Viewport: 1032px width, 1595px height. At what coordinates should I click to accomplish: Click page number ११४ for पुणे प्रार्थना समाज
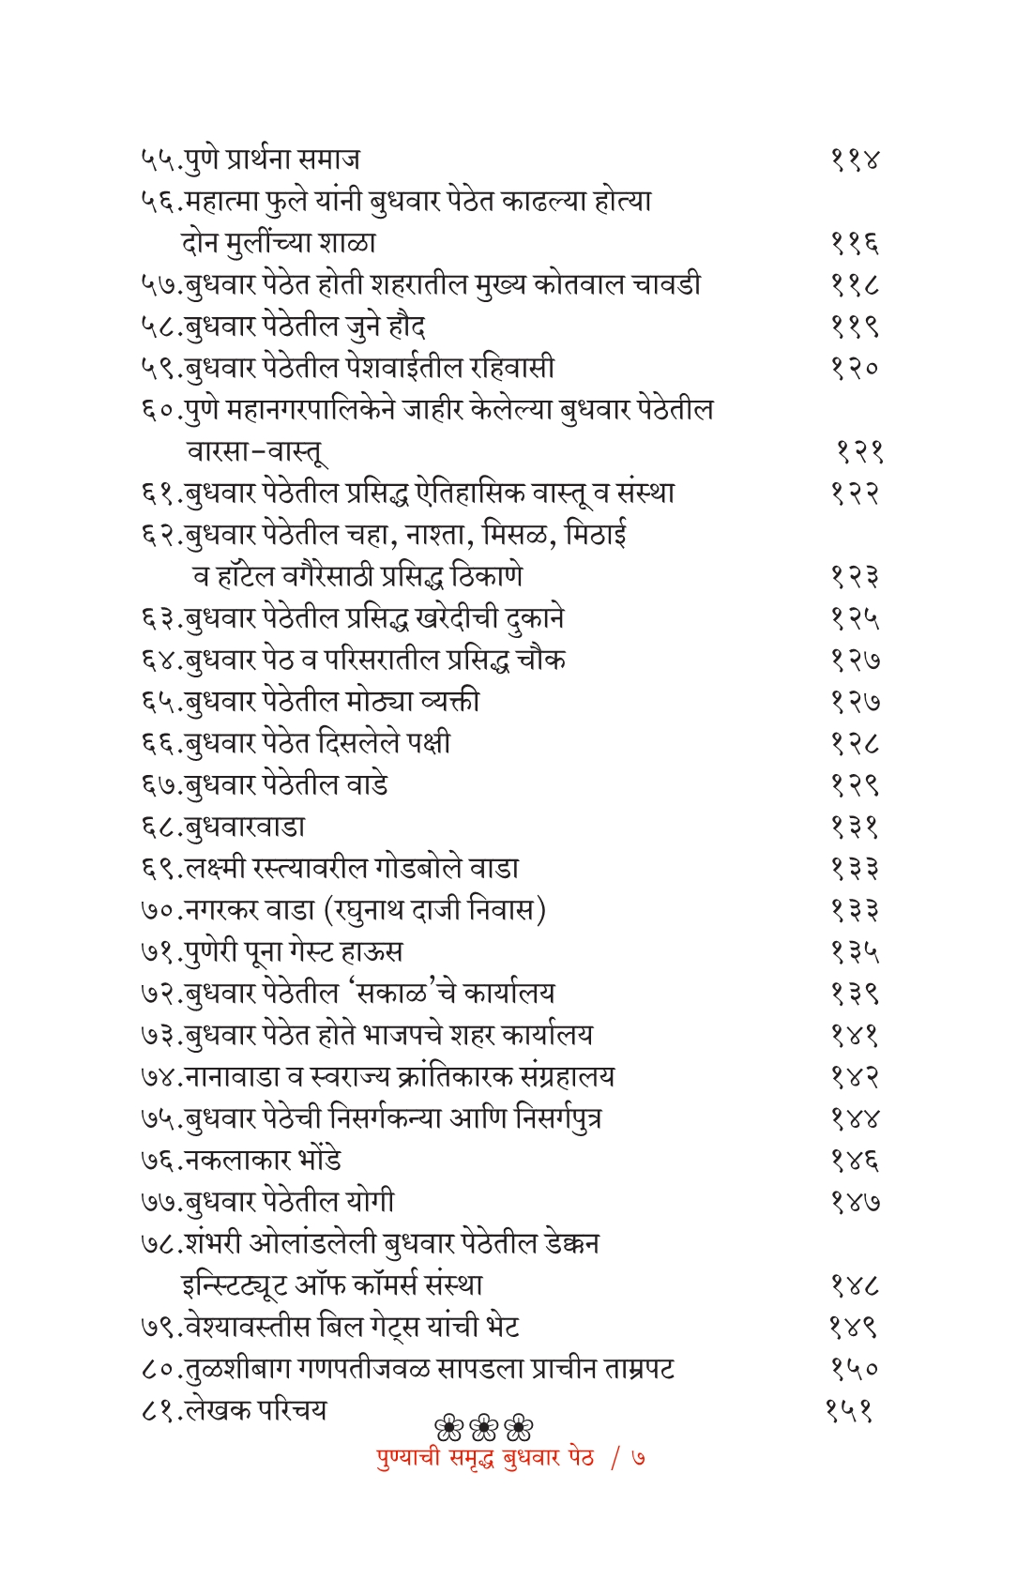click(x=855, y=159)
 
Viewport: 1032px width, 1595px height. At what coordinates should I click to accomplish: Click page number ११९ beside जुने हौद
click(x=855, y=326)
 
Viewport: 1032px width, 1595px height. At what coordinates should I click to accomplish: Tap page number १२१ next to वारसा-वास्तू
click(x=859, y=451)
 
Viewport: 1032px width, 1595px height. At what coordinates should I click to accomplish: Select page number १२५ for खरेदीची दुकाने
click(x=855, y=618)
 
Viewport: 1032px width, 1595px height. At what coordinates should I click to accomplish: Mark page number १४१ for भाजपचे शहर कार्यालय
click(x=855, y=1035)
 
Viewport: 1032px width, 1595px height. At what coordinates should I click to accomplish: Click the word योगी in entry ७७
click(x=369, y=1202)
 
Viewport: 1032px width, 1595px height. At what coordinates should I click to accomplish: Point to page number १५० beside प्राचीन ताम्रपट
click(x=855, y=1368)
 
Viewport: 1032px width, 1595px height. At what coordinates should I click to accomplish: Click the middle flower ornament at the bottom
click(x=484, y=1429)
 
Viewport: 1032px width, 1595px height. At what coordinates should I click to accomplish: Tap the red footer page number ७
click(x=639, y=1459)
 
